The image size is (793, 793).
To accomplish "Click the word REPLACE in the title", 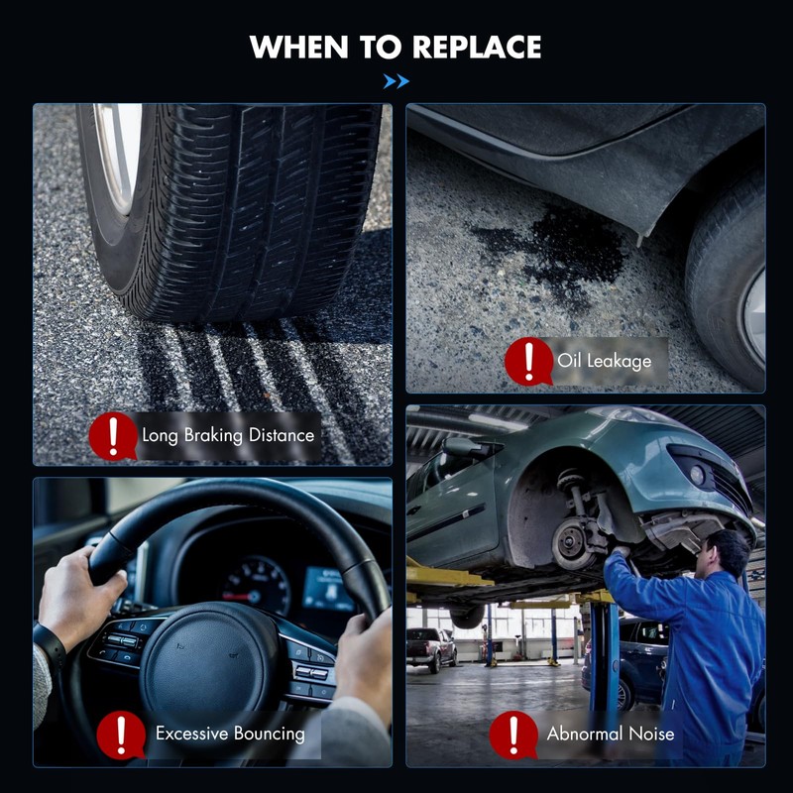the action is coord(477,47).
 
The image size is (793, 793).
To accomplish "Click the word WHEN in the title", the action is coord(298,47).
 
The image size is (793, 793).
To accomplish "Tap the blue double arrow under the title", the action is coord(396,81).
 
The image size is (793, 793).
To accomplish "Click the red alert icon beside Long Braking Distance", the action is coord(113,436).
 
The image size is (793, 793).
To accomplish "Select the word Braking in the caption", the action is coord(213,436).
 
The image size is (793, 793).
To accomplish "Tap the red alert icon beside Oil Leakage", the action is coord(528,361).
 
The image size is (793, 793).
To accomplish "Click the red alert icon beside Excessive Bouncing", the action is coord(121,735).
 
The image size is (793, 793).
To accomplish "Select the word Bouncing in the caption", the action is coord(269,734).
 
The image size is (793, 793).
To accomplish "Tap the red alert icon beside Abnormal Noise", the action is coord(513,735).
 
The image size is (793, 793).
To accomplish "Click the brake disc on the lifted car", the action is coord(572,543).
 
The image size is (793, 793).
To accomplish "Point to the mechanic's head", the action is coord(725,554).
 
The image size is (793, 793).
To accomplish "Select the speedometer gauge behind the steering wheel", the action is coord(257,587).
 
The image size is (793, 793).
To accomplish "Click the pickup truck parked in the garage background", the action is coord(431,648).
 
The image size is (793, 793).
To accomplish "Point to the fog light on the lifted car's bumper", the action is coord(697,475).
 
